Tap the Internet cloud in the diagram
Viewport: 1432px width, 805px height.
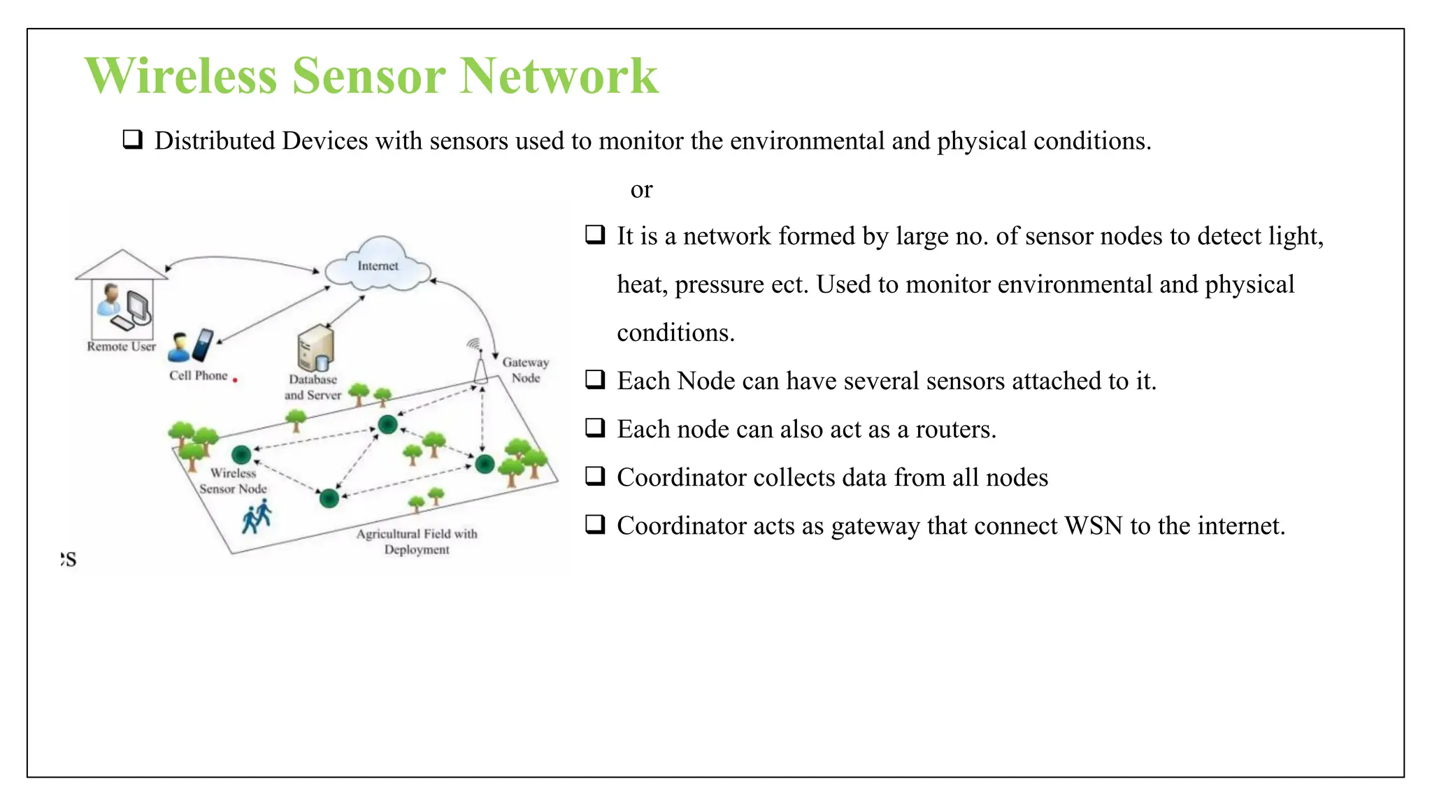378,266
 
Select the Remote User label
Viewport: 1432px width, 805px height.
121,347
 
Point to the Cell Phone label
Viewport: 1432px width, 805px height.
198,376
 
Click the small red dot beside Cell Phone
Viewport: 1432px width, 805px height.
236,380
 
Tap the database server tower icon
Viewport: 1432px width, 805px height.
315,348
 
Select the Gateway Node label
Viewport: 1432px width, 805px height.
525,370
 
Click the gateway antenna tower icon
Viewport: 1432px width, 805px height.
480,367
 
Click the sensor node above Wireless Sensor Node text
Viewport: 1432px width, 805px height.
241,456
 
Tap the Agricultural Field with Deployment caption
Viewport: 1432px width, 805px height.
417,542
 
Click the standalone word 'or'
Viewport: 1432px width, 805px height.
641,189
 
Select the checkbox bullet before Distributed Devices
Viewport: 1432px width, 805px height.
133,140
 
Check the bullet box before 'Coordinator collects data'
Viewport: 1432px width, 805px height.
595,477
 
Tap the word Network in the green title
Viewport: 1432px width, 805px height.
559,75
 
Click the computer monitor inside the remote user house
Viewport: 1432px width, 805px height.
138,305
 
